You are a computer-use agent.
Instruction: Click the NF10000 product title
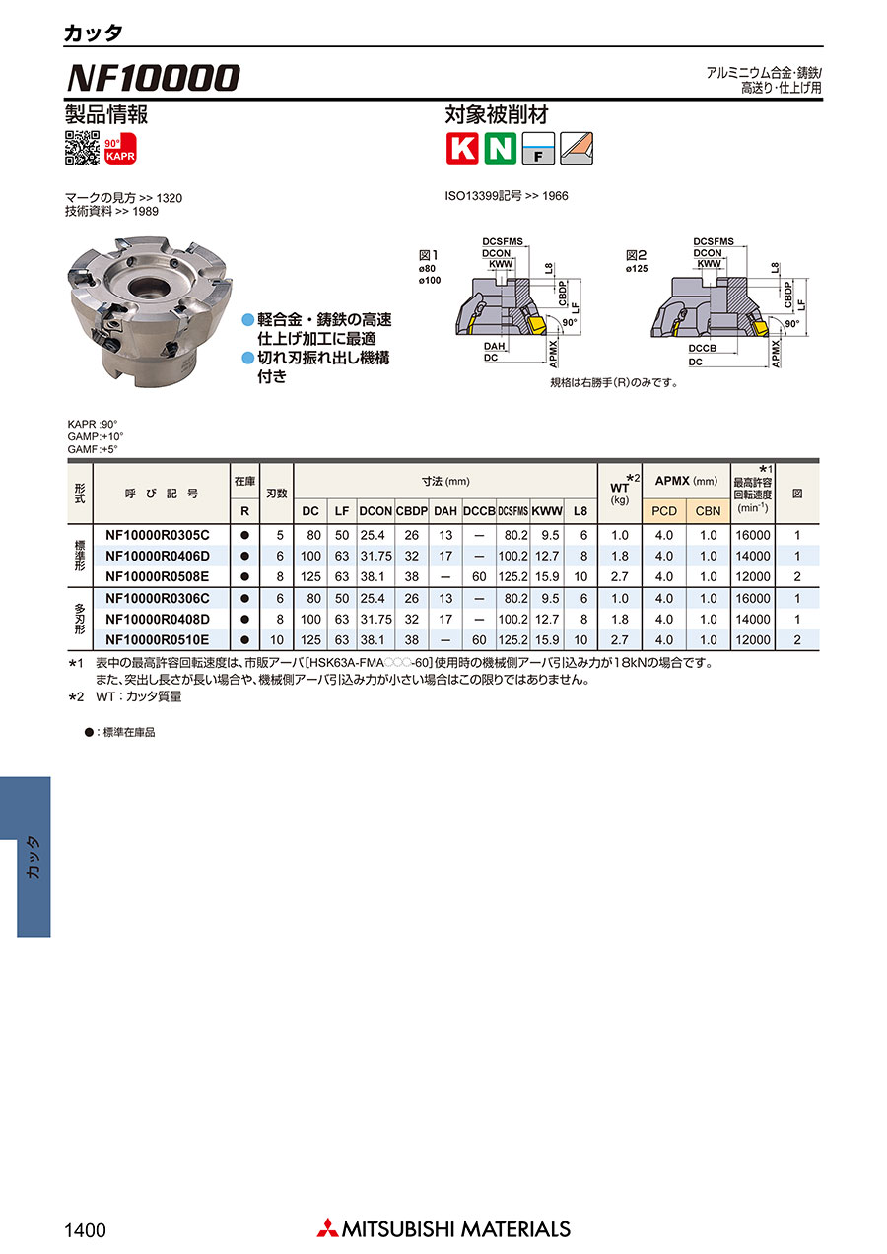[x=153, y=78]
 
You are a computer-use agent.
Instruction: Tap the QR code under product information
[x=83, y=148]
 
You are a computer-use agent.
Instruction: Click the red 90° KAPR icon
[x=120, y=149]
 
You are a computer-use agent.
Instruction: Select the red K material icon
[x=462, y=149]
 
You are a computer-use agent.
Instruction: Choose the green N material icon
[x=500, y=149]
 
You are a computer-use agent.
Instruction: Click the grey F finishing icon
[x=538, y=149]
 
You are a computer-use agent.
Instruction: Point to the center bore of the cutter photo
[x=149, y=289]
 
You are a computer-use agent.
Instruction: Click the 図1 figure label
[x=429, y=255]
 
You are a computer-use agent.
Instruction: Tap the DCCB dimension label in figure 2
[x=702, y=348]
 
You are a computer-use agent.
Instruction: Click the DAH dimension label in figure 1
[x=494, y=346]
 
